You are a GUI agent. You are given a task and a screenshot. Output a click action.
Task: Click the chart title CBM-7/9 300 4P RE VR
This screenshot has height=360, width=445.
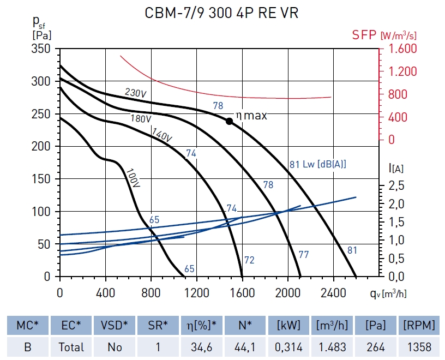pyautogui.click(x=221, y=14)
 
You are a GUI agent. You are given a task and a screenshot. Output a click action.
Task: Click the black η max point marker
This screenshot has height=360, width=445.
pyautogui.click(x=230, y=121)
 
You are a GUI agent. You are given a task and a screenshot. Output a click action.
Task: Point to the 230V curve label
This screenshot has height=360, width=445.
pyautogui.click(x=135, y=93)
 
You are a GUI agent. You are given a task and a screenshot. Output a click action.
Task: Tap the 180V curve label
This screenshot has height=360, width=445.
pyautogui.click(x=140, y=118)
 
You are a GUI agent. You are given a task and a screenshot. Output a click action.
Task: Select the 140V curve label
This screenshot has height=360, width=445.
pyautogui.click(x=162, y=135)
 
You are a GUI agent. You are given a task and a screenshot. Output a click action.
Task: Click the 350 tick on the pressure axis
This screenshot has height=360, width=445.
pyautogui.click(x=40, y=49)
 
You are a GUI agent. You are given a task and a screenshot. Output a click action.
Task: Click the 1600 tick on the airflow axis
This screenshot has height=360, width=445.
pyautogui.click(x=242, y=293)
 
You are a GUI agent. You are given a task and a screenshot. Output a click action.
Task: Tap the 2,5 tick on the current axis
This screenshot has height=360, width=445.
pyautogui.click(x=397, y=186)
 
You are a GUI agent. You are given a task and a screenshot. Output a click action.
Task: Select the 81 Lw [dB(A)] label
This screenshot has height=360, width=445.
pyautogui.click(x=318, y=163)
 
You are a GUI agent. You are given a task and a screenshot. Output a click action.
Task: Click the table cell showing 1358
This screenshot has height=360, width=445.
pyautogui.click(x=419, y=347)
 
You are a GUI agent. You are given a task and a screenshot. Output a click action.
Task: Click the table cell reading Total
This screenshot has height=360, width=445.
pyautogui.click(x=71, y=347)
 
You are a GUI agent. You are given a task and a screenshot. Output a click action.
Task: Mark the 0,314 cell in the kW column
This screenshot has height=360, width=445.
pyautogui.click(x=289, y=347)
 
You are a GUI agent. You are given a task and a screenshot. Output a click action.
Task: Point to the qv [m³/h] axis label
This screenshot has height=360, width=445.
pyautogui.click(x=389, y=293)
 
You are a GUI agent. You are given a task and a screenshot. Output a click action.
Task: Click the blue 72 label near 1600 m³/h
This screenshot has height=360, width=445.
pyautogui.click(x=249, y=260)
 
